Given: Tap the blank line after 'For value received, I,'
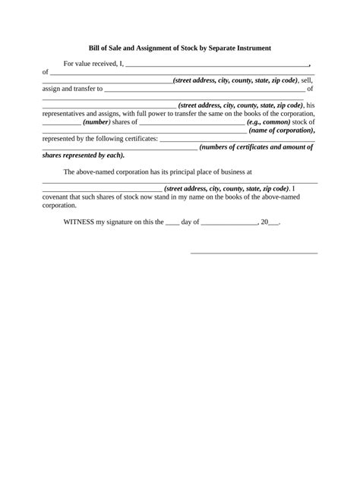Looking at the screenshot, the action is click(216, 66).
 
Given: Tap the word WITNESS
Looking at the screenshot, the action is click(81, 223).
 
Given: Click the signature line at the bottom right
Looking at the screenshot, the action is click(254, 253).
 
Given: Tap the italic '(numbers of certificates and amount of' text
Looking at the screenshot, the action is click(257, 147).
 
